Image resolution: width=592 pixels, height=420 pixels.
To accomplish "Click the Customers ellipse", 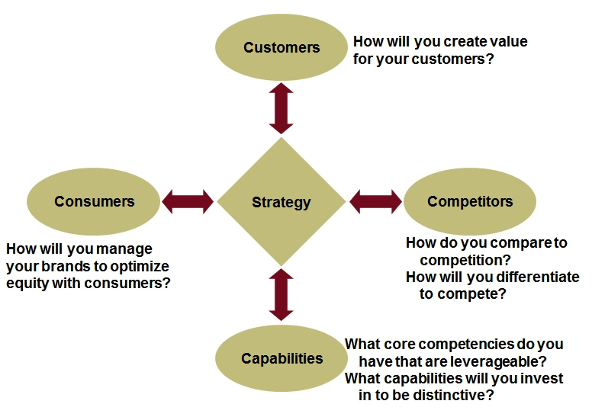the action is [x=282, y=47].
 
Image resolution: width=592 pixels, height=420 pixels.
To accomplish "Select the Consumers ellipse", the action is [x=94, y=201].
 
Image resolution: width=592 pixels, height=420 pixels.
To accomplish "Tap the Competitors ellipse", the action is [x=470, y=201].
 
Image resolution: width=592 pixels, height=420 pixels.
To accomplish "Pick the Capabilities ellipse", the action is [x=282, y=358].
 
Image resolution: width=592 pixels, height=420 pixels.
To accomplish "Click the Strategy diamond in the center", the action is [x=282, y=202].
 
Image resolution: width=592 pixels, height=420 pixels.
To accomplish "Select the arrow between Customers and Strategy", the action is [x=282, y=108].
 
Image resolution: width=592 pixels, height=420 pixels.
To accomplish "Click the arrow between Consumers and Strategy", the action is [x=188, y=201].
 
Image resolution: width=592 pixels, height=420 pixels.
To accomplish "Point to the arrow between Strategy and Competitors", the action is [x=375, y=201].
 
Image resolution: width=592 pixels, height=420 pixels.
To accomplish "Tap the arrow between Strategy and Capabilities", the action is [x=282, y=295].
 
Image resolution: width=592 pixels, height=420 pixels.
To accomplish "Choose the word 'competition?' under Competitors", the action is [x=465, y=261].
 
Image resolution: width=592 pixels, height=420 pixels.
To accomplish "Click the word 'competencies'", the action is [x=467, y=345].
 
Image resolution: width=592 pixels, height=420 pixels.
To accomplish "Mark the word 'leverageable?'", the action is [x=499, y=362].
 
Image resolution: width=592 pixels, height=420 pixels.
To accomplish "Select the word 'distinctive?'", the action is [x=453, y=395].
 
